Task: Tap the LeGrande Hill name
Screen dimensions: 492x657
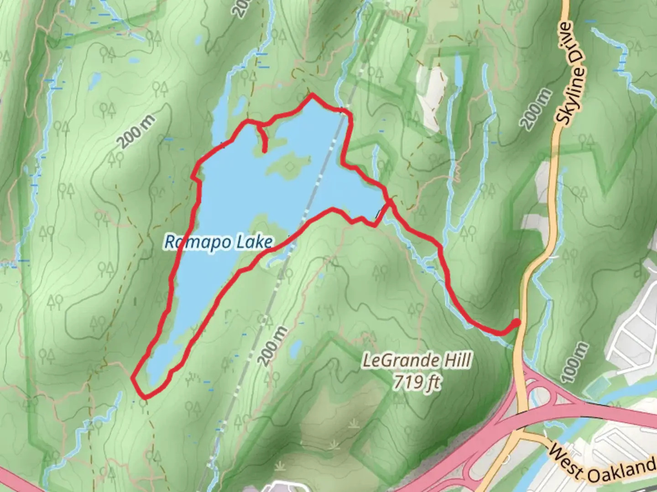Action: coord(416,361)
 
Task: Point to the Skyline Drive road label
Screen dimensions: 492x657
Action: coord(570,73)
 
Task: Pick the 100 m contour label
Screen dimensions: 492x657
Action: coord(574,362)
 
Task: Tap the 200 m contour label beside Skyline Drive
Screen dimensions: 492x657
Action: coord(536,109)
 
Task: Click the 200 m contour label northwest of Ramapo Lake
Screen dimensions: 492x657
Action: coord(136,132)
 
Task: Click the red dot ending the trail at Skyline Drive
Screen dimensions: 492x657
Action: coord(516,323)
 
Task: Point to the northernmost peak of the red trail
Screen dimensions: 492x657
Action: coord(313,95)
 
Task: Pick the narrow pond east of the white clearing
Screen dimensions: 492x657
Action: coord(458,71)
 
